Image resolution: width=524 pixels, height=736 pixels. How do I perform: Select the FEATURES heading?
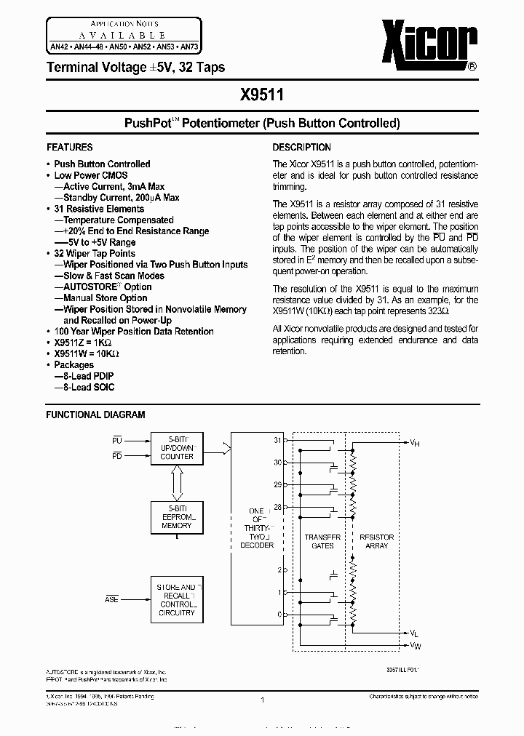pos(69,147)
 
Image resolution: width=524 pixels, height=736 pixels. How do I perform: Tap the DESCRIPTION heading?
pos(301,147)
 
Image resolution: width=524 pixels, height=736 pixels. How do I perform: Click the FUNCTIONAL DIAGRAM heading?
pos(95,415)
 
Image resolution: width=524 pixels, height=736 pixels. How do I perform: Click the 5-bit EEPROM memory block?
pos(177,516)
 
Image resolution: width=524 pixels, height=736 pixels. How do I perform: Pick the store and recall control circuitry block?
pos(177,599)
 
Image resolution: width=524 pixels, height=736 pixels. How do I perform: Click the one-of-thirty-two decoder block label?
pos(256,528)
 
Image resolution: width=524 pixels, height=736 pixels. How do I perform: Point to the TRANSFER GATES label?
pos(322,541)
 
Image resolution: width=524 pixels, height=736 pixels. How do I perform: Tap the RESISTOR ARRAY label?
pos(377,541)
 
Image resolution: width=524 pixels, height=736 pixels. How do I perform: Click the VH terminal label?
pos(414,442)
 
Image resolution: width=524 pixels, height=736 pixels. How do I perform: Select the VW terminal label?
pos(414,645)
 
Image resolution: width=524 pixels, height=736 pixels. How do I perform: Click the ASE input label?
pos(111,600)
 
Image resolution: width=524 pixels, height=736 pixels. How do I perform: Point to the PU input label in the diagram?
pos(117,441)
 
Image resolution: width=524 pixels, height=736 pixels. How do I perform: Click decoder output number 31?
pos(277,440)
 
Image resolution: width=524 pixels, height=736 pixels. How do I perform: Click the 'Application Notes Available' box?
pos(121,34)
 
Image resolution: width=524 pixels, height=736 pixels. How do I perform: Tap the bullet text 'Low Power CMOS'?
pos(91,175)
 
